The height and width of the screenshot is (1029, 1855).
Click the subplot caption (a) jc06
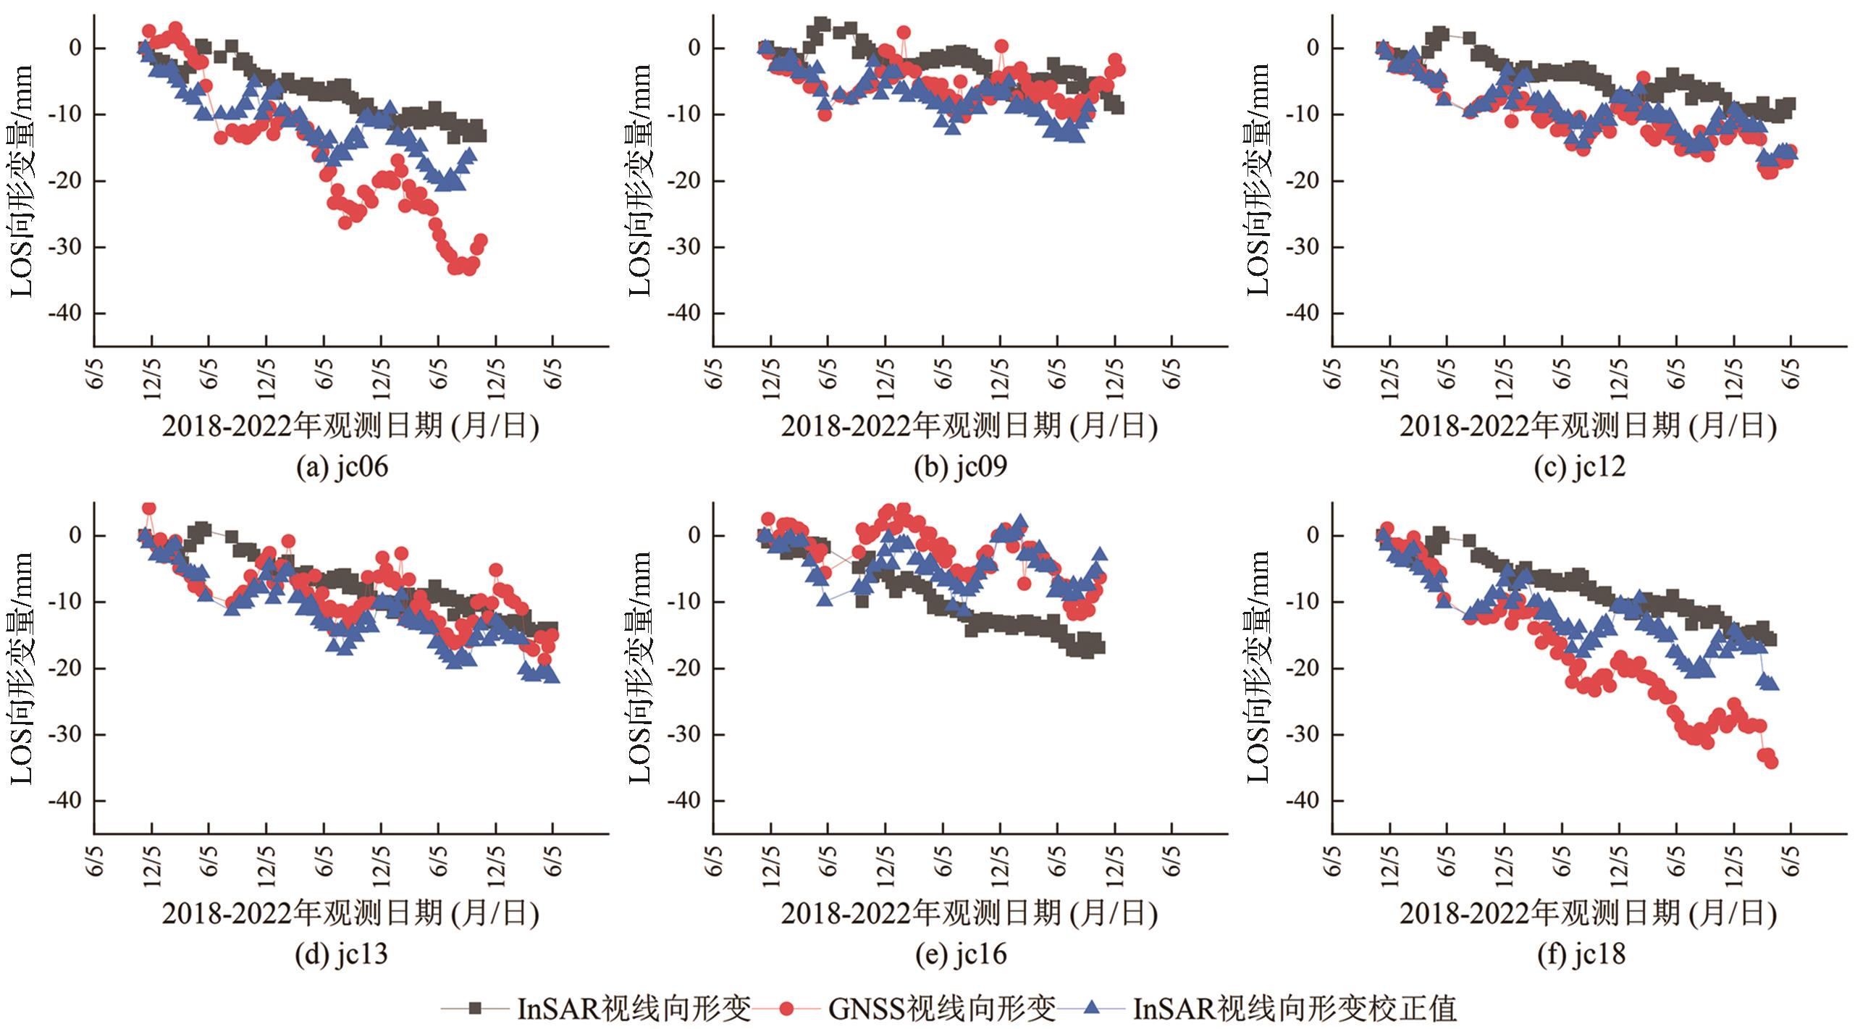(x=342, y=467)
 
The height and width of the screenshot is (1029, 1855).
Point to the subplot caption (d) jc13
(x=342, y=954)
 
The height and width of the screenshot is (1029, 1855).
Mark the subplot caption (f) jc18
(x=1581, y=954)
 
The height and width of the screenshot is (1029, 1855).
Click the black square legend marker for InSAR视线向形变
(x=475, y=1007)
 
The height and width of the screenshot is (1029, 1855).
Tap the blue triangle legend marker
(x=1092, y=1007)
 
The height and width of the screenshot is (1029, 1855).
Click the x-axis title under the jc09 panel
(x=969, y=426)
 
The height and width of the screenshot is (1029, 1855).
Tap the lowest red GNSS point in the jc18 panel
(x=1772, y=763)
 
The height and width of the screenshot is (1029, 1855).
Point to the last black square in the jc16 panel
(x=1098, y=647)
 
